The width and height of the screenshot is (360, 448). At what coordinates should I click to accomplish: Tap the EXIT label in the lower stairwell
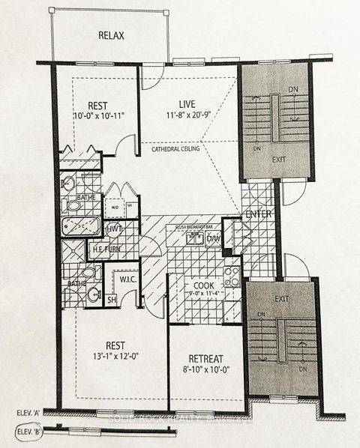click(x=280, y=298)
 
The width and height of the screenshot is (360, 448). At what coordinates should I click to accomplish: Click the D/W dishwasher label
click(x=214, y=238)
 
